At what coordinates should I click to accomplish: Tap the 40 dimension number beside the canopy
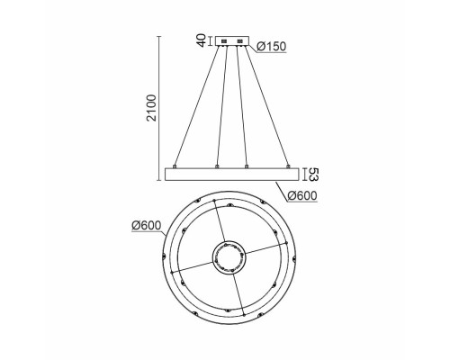click(x=201, y=40)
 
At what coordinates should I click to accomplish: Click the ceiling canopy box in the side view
click(x=230, y=40)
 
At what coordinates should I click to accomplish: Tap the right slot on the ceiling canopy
click(x=240, y=40)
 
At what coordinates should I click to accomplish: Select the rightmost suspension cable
click(x=266, y=103)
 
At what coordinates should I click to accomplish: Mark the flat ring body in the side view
click(x=230, y=175)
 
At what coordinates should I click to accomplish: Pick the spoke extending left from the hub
click(x=191, y=267)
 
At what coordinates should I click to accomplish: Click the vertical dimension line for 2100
click(x=158, y=108)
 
